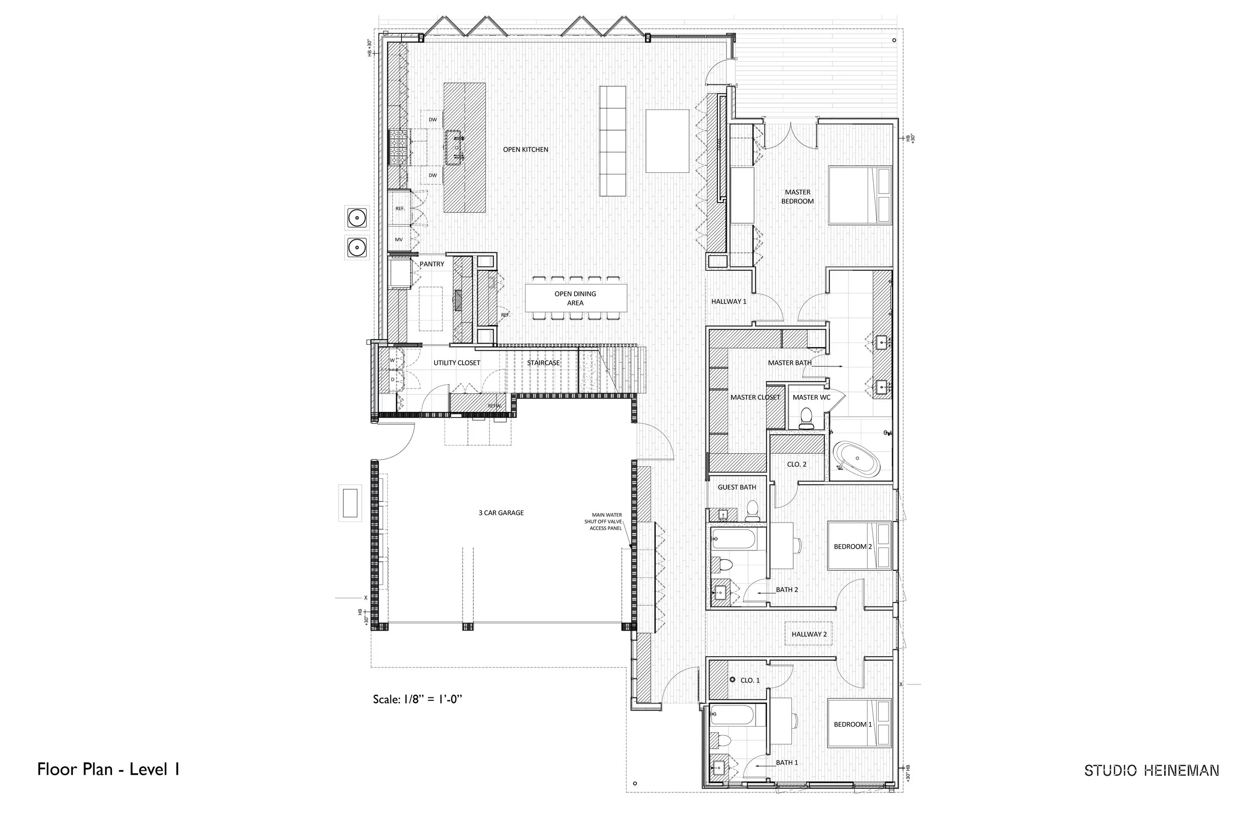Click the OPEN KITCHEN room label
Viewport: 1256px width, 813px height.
click(525, 149)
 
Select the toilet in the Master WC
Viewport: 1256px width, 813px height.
click(806, 418)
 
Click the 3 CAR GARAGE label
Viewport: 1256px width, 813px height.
click(501, 513)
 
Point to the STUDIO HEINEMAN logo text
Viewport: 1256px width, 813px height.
click(1152, 770)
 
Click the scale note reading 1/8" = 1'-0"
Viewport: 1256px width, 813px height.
click(417, 699)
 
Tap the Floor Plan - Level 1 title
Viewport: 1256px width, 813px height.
click(108, 769)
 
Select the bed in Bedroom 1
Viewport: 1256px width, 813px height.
click(859, 723)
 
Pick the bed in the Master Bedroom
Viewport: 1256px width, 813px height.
click(860, 195)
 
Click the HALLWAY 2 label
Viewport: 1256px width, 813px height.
click(808, 634)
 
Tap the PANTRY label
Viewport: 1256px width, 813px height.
click(432, 264)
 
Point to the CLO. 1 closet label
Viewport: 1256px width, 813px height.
click(750, 680)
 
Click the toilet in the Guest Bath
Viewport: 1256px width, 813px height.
click(753, 510)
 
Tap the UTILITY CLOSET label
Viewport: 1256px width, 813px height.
click(457, 363)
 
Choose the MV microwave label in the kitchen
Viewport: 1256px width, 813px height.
click(399, 240)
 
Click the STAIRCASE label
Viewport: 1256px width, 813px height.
click(543, 363)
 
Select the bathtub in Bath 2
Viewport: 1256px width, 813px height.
click(734, 539)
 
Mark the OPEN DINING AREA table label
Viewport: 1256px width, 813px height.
click(575, 298)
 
